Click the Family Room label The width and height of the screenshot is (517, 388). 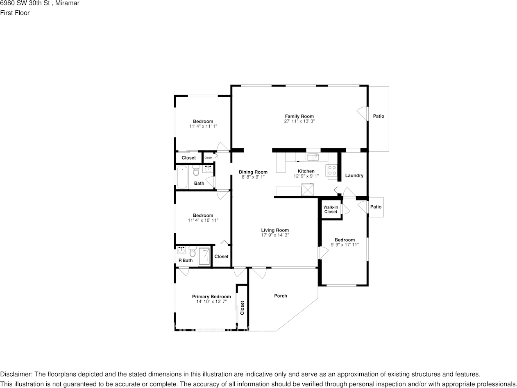pos(299,116)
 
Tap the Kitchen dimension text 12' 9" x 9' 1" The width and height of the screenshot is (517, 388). pos(306,176)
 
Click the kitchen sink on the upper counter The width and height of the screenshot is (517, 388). pos(313,157)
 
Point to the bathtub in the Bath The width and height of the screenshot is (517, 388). pos(182,177)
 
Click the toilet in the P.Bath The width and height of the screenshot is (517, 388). pos(193,252)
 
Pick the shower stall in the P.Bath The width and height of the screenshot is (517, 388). pos(204,256)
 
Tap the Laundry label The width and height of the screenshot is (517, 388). pos(354,175)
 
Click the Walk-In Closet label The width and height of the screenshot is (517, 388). pos(331,209)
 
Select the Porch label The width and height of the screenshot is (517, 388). pos(281,295)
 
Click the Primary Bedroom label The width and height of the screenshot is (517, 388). pos(211,297)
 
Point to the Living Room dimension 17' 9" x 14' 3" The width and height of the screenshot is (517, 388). pos(275,235)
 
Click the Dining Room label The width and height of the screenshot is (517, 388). pos(253,172)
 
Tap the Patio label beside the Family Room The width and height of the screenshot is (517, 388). pos(379,116)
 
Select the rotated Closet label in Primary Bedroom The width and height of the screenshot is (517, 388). pos(242,308)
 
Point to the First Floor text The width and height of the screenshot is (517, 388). pos(15,13)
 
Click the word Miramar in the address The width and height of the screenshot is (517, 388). pos(67,3)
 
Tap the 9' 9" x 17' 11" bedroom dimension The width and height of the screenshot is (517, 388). pos(345,245)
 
